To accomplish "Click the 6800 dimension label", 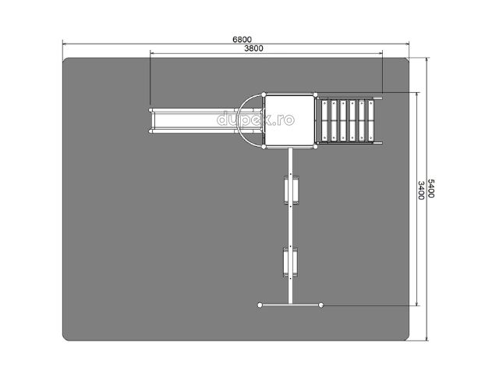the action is (x=242, y=40).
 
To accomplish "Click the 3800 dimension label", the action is (x=253, y=48).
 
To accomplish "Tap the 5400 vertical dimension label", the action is (x=430, y=188).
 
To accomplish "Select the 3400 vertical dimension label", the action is (x=421, y=191).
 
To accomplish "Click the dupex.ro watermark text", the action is (x=256, y=119).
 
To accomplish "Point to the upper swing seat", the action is (x=291, y=190).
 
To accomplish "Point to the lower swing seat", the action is (x=291, y=262).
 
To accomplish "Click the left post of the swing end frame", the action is (x=260, y=305).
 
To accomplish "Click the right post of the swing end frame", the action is (x=321, y=305).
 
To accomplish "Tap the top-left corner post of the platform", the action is (x=264, y=94).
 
